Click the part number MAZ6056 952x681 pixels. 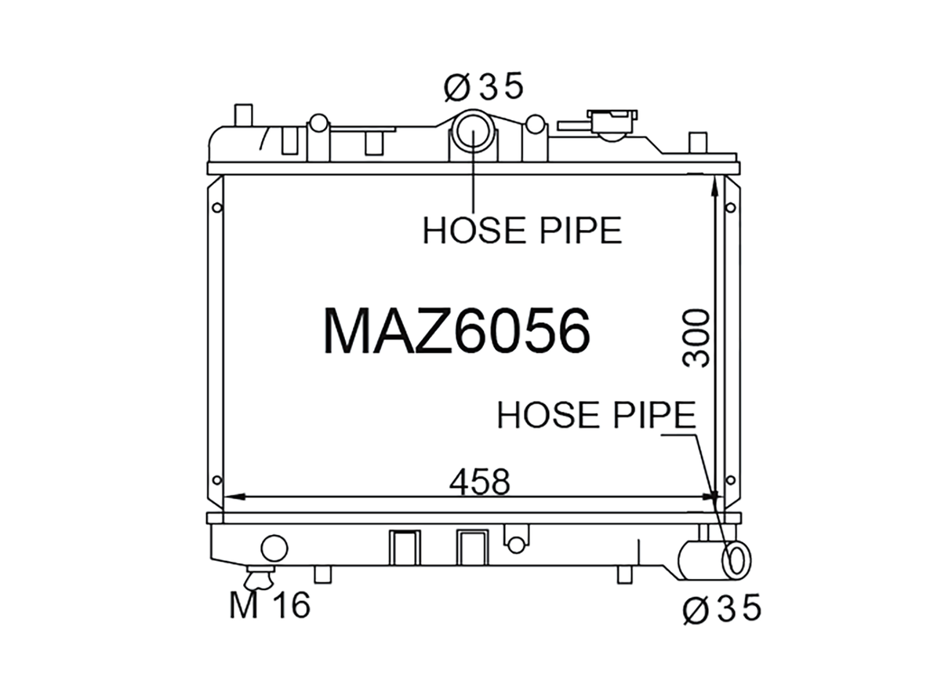pos(456,331)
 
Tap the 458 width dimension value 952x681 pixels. pos(479,482)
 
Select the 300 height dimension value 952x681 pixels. pos(696,338)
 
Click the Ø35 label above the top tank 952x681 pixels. pos(484,86)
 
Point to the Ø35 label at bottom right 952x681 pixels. pos(721,608)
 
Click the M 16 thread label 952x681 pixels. pos(270,606)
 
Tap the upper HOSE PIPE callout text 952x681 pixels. pos(522,231)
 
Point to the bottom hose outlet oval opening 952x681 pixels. pos(736,560)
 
